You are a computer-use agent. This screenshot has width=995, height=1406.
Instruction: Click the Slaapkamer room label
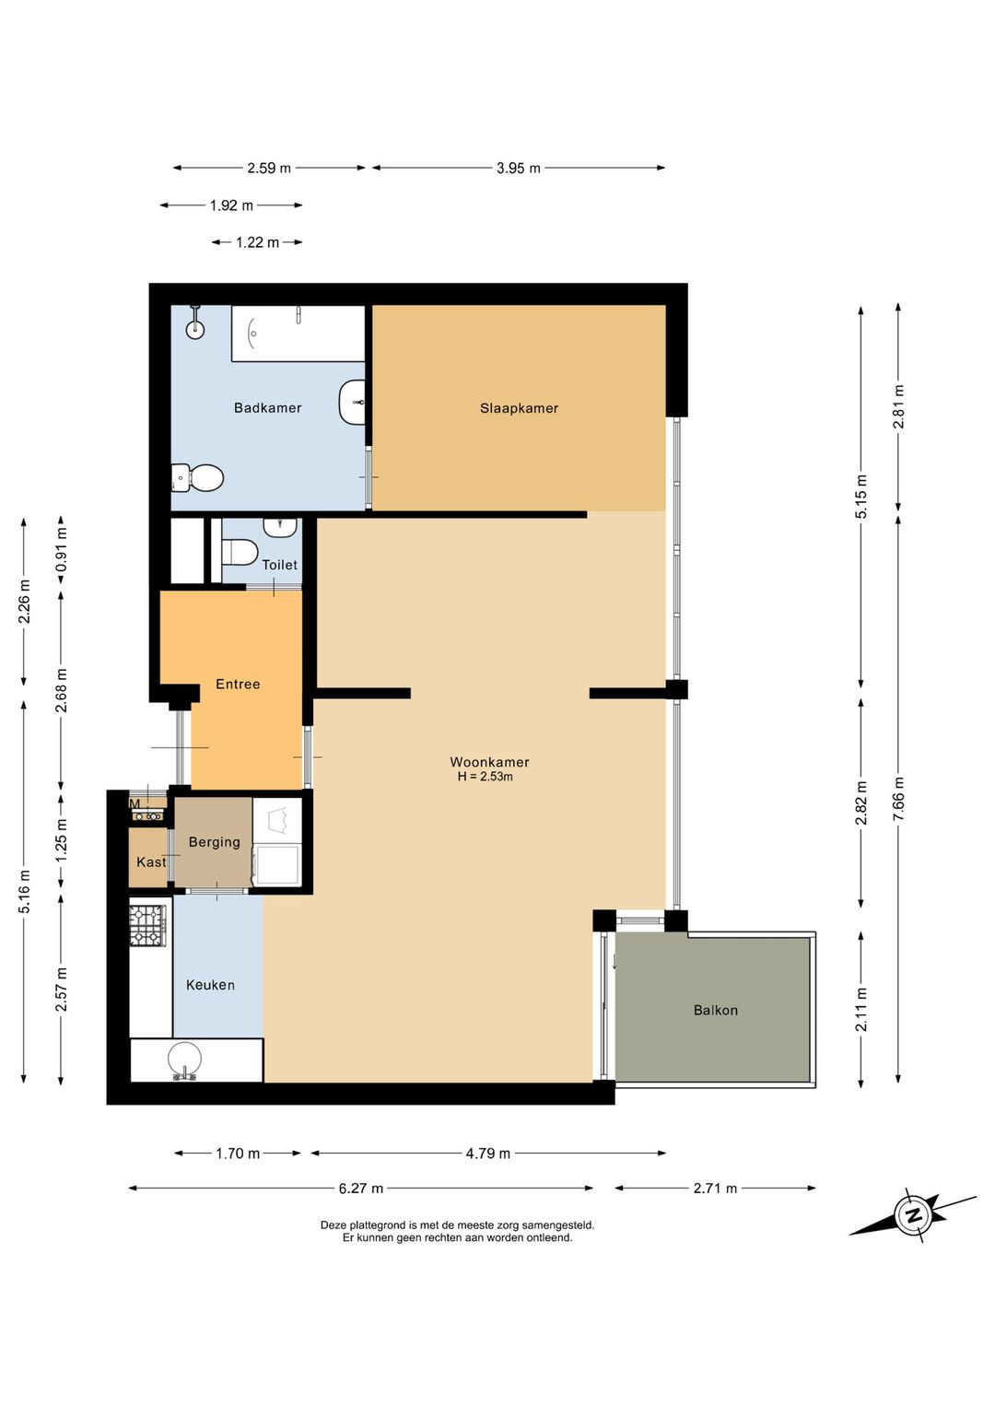coord(519,408)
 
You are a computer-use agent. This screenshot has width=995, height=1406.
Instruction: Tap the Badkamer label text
coord(267,408)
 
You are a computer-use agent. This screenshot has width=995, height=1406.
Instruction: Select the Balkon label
coord(715,1010)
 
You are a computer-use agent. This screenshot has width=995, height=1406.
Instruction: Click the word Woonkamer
coord(489,762)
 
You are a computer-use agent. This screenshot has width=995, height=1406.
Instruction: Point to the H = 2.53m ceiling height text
coord(486,777)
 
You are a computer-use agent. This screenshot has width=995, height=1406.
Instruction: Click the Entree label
coord(238,684)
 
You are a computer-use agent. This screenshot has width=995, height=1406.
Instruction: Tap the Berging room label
coord(214,842)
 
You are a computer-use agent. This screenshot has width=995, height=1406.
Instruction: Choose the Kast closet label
coord(151,861)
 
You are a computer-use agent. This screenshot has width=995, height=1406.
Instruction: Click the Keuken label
coord(210,985)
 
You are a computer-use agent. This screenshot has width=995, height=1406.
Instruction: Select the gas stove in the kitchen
coord(148,924)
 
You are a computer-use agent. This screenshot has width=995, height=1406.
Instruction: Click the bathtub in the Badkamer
coord(298,334)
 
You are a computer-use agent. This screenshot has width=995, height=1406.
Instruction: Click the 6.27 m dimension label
coord(361,1189)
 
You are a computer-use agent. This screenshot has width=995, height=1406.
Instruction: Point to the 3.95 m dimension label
coord(519,169)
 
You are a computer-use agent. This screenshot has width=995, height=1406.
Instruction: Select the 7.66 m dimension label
coord(898,798)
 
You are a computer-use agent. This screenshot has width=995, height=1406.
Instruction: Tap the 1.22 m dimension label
coord(257,242)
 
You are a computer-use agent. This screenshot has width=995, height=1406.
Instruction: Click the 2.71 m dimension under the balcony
coord(715,1189)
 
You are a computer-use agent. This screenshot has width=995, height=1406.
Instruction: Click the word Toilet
coord(280,565)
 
